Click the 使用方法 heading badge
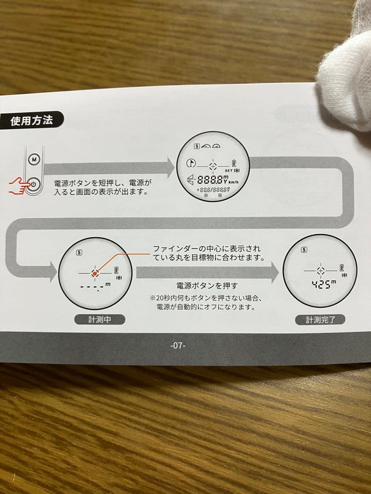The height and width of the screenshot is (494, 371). (x=32, y=121)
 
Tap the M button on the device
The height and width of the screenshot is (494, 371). (x=34, y=160)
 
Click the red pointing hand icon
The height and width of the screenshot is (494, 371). (x=19, y=185)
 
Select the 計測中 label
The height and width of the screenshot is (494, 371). (x=99, y=319)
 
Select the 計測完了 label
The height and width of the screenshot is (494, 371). (x=320, y=320)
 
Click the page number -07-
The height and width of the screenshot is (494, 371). (x=178, y=345)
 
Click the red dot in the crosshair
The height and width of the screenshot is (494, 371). (x=95, y=273)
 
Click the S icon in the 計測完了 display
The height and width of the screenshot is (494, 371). (x=304, y=249)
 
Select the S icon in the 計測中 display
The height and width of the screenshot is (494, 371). (x=80, y=252)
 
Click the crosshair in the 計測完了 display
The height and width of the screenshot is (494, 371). (x=320, y=269)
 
